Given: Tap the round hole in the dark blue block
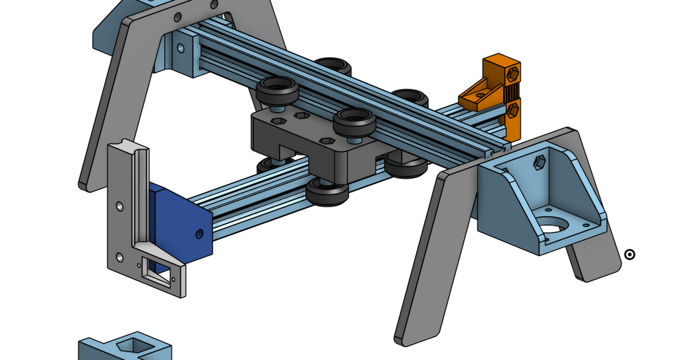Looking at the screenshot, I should [x=199, y=234].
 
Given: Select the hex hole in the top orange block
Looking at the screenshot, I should [x=513, y=74].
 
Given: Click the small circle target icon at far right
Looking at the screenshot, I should [x=629, y=254].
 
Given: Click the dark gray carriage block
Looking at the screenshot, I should [x=309, y=149].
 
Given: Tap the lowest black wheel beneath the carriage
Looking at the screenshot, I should [x=328, y=191].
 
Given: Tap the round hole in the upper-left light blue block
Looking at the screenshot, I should [x=181, y=49].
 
